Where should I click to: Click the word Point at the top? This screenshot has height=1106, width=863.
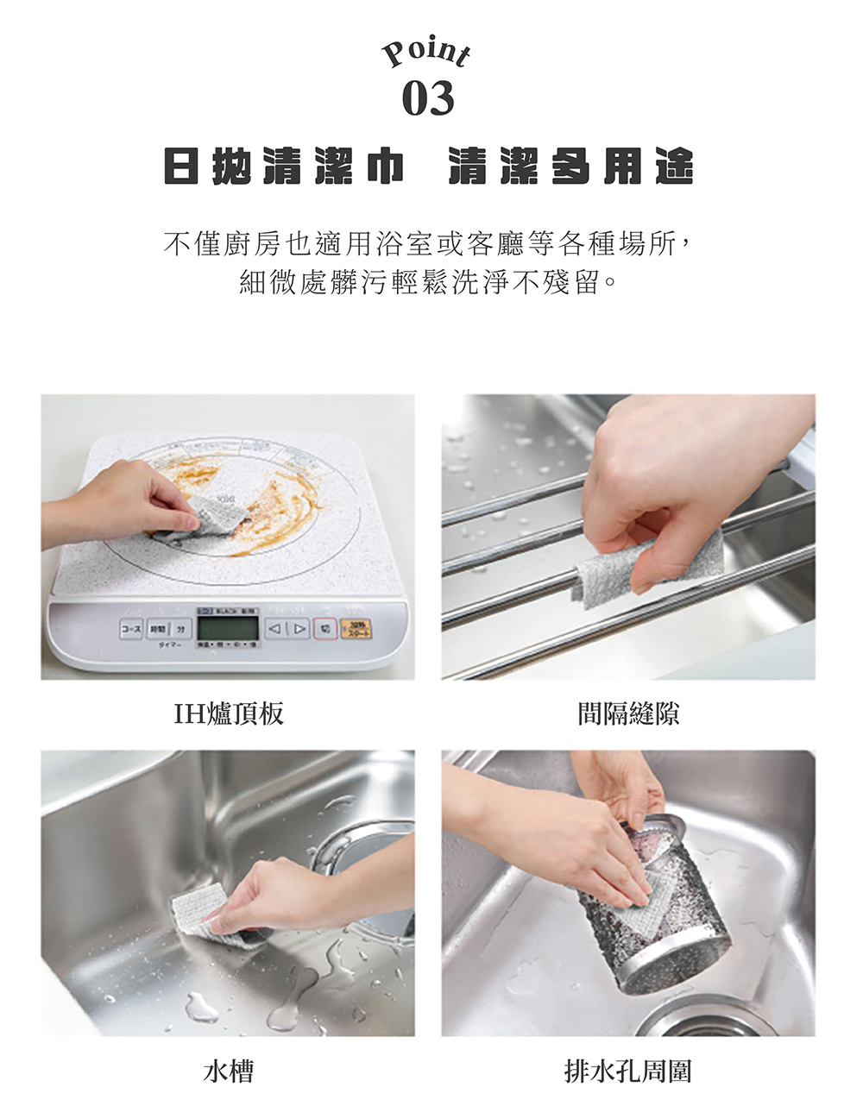pos(426,53)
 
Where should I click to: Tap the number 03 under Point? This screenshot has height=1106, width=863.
pos(427,99)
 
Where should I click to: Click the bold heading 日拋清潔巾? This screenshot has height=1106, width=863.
pos(285,167)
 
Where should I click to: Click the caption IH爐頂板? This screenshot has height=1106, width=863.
pos(228,713)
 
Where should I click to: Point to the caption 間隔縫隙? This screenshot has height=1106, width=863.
pos(627,713)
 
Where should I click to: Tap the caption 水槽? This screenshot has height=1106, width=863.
pos(228,1071)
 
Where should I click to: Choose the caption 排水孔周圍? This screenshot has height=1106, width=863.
pos(627,1071)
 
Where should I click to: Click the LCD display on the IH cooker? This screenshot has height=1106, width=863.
pos(228,628)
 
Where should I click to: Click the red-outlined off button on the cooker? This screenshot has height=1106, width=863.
pos(325,628)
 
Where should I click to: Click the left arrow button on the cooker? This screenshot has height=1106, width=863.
pos(275,628)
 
